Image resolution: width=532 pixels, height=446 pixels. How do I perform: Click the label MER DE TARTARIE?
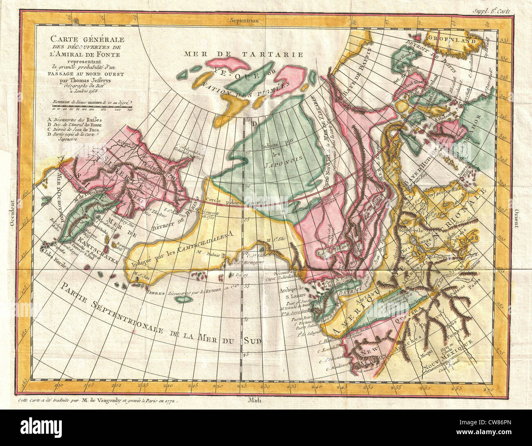coord(243,54)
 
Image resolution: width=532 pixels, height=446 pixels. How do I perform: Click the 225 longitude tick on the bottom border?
coord(244,385)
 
